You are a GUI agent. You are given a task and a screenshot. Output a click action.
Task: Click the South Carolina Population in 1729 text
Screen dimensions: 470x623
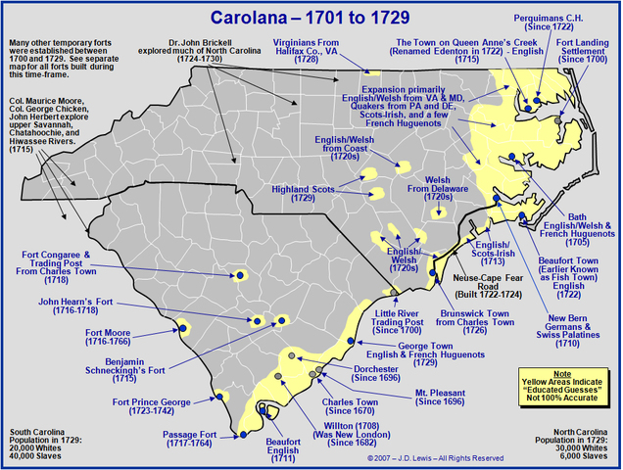43,443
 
